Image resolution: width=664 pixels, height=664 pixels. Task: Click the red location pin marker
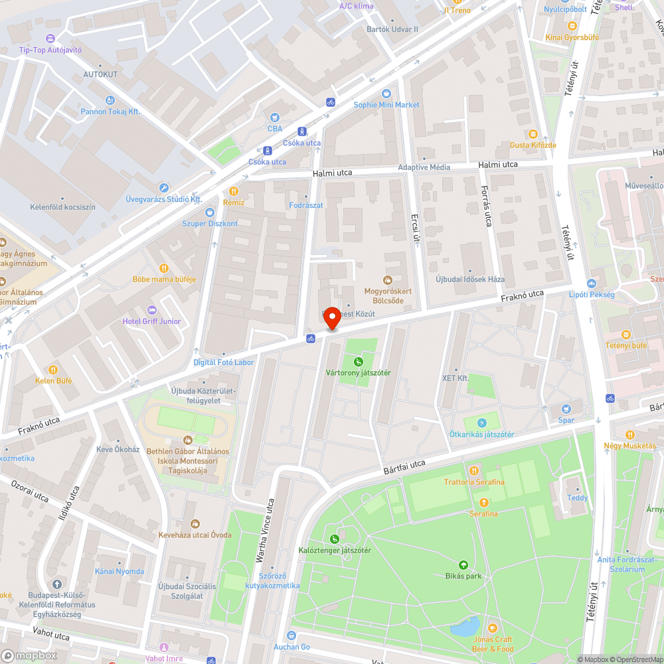[331, 319]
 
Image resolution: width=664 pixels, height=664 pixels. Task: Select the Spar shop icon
[566, 409]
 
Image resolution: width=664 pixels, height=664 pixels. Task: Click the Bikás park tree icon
[463, 565]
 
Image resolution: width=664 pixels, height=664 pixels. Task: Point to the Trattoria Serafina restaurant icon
[474, 471]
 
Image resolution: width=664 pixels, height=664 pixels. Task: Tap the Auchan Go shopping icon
[291, 636]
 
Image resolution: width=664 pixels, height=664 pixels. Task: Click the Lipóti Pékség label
[592, 294]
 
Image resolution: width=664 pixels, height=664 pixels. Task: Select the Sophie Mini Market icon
[386, 94]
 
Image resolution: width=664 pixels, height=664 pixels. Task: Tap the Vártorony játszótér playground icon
[359, 362]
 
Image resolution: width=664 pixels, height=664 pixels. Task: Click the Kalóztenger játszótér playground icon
[335, 539]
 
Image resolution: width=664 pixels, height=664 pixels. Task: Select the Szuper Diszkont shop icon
[210, 212]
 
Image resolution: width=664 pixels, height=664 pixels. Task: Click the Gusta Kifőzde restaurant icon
[533, 134]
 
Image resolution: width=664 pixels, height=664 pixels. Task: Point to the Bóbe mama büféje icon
[164, 268]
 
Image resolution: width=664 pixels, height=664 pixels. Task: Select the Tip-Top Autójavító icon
[50, 39]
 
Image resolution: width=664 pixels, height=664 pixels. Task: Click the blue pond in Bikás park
[465, 625]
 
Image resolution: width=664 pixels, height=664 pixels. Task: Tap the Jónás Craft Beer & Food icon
[492, 627]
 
